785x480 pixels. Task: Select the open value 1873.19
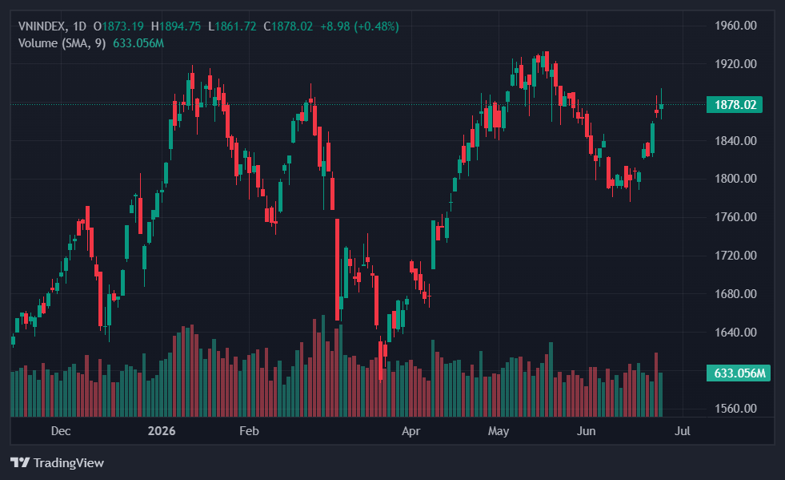pos(122,26)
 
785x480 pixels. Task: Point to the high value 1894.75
pos(180,26)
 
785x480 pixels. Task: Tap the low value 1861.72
pos(235,26)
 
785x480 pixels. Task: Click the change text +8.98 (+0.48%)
pos(359,26)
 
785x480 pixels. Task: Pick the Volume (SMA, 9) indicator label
pos(62,43)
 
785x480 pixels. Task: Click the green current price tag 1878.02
pos(735,104)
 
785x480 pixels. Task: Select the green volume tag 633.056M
pos(739,373)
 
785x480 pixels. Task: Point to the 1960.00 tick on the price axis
pos(735,26)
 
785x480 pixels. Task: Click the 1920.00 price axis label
pos(735,63)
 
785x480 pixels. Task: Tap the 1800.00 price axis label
pos(735,179)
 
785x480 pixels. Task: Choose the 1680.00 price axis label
pos(735,293)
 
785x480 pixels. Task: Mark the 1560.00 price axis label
pos(735,408)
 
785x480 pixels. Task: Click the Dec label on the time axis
pos(61,431)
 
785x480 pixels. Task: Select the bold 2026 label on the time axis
pos(162,431)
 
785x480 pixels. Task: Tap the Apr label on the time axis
pos(411,431)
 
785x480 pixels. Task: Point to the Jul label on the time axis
pos(683,431)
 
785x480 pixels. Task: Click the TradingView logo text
pos(69,462)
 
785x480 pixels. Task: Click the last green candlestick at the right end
pos(661,106)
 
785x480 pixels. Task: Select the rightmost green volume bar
pos(661,395)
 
